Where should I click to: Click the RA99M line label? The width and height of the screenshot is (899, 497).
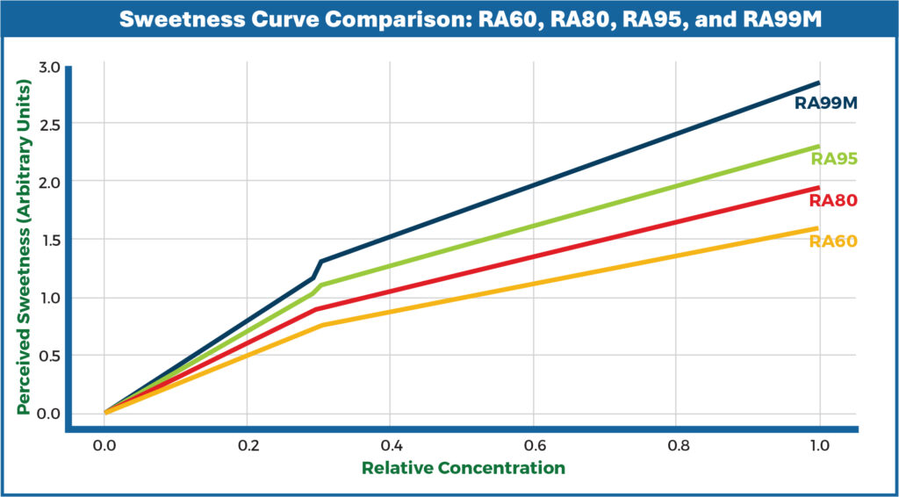[x=825, y=104]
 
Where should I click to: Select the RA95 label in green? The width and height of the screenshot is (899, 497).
[x=833, y=159]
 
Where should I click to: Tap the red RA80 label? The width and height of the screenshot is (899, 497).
[x=832, y=200]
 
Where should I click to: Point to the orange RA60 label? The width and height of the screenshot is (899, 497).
[x=832, y=241]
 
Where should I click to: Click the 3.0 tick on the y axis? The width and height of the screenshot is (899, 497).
[x=49, y=67]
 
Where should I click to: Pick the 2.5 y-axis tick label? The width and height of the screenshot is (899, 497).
[x=49, y=125]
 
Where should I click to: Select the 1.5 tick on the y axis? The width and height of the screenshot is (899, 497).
[x=49, y=240]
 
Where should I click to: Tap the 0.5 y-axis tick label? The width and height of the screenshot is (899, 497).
[x=49, y=356]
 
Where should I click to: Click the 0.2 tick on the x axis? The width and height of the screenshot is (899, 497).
[x=248, y=445]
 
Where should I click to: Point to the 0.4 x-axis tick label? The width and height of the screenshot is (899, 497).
[x=391, y=445]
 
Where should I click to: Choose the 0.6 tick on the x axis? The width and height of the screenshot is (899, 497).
[x=533, y=445]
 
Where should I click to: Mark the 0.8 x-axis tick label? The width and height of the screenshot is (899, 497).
[x=676, y=445]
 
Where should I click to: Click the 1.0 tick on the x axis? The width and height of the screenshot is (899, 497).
[x=819, y=445]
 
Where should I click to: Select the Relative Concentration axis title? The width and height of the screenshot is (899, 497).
[x=463, y=468]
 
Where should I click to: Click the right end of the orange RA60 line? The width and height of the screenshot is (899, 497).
[x=818, y=228]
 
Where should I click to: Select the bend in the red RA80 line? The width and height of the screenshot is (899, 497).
[x=317, y=309]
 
